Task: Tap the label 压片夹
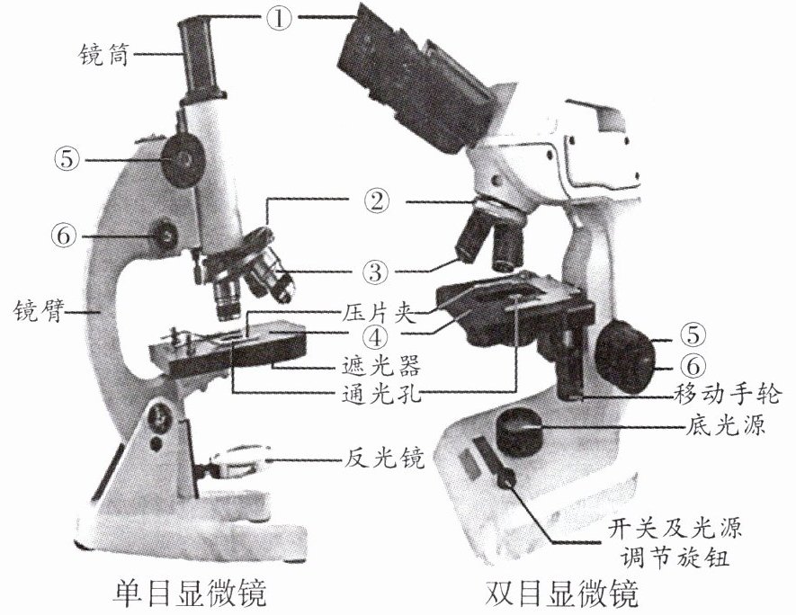point(377,312)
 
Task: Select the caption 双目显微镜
point(561,593)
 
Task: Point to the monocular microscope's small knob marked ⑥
point(166,236)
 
